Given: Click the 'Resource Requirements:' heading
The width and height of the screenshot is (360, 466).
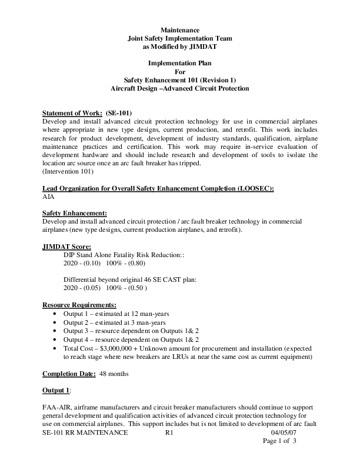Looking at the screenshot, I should (x=79, y=305).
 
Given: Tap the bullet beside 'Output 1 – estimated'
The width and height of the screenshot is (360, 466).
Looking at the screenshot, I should (x=55, y=315).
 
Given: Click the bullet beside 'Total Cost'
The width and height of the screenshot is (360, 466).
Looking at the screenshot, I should (x=55, y=348).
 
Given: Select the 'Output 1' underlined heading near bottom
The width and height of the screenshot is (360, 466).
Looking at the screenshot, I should (x=56, y=390).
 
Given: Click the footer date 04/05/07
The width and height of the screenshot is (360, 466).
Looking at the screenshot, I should (x=279, y=432).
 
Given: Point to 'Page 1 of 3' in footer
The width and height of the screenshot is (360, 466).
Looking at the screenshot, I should (x=279, y=441).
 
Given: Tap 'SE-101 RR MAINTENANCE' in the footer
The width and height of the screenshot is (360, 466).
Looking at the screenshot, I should (x=85, y=432).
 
